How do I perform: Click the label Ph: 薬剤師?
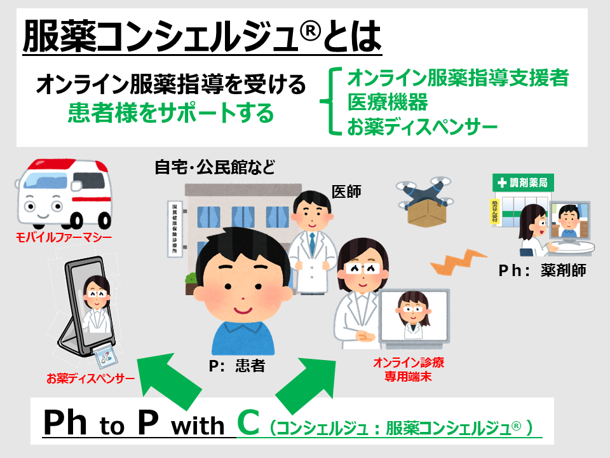click(541, 271)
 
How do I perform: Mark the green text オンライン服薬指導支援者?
click(457, 78)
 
